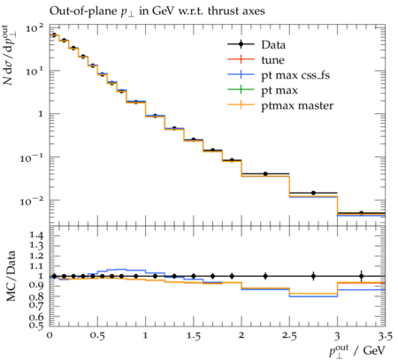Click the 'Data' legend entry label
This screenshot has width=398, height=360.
tap(273, 45)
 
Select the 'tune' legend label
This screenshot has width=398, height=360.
tap(272, 60)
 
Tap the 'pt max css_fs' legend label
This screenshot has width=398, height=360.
tap(295, 75)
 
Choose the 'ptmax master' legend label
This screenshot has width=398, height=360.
tap(297, 105)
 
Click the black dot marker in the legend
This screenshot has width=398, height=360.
tap(241, 44)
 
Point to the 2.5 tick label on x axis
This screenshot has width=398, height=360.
tap(289, 336)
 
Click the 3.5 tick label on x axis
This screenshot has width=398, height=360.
tap(386, 336)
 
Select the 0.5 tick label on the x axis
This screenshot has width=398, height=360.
tap(97, 336)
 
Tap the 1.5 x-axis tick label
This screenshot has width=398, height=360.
tap(194, 336)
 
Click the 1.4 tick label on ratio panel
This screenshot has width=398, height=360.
tap(36, 235)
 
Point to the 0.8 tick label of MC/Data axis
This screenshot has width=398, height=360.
tap(36, 296)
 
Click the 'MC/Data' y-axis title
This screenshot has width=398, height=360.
tap(11, 276)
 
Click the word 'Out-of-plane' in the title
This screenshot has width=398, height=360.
tap(83, 11)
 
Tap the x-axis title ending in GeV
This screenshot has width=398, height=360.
tap(357, 351)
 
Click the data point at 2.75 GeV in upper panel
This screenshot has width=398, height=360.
tap(313, 193)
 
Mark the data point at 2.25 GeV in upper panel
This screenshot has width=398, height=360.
tap(265, 174)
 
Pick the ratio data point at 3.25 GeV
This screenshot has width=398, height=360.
tap(362, 276)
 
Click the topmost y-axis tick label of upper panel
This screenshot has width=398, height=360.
tap(34, 28)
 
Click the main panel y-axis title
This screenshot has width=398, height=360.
tap(10, 55)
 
